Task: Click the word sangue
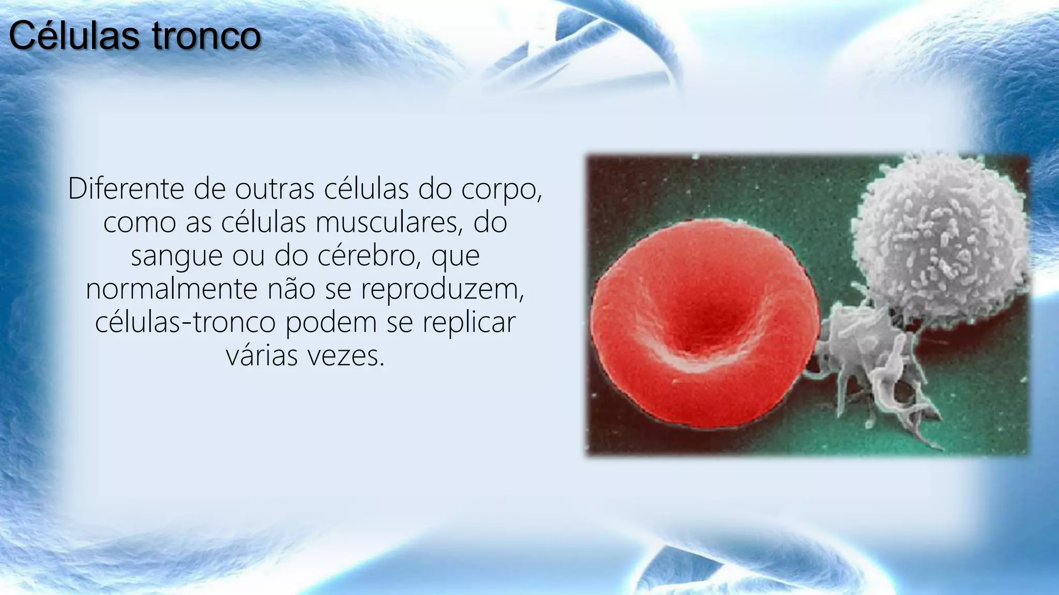coord(176,257)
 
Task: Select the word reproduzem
coord(442,289)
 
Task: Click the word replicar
coord(468,322)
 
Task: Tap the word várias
coord(262,355)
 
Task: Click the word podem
coord(331,322)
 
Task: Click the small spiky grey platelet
coord(874,356)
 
